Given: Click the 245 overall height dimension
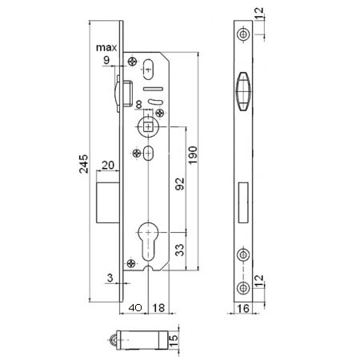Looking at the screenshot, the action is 83,164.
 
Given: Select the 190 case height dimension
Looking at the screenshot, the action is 193,155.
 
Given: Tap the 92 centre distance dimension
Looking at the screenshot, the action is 180,184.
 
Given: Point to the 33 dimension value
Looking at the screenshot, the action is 180,250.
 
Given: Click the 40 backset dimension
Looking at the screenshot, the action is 135,308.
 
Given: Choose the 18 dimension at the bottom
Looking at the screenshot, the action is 158,308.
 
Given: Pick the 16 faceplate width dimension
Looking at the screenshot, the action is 243,308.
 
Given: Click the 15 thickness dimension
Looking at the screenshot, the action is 174,342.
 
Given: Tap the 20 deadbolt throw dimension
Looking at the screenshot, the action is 108,166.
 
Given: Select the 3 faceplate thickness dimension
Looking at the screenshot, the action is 110,278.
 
